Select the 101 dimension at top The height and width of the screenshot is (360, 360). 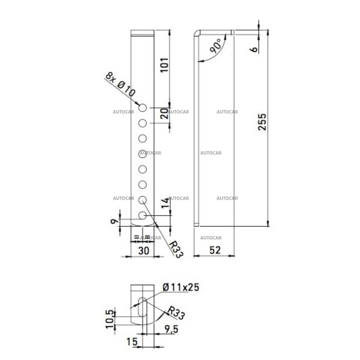pos(164,66)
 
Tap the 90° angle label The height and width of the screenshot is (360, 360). pos(216,47)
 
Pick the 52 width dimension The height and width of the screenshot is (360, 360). pos(215,250)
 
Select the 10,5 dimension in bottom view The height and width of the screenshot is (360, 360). pos(109,318)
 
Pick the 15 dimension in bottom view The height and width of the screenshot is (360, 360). pos(131,342)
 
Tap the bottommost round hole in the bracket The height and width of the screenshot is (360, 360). pos(143,216)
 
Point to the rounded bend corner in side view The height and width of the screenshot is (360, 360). pos(197,34)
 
